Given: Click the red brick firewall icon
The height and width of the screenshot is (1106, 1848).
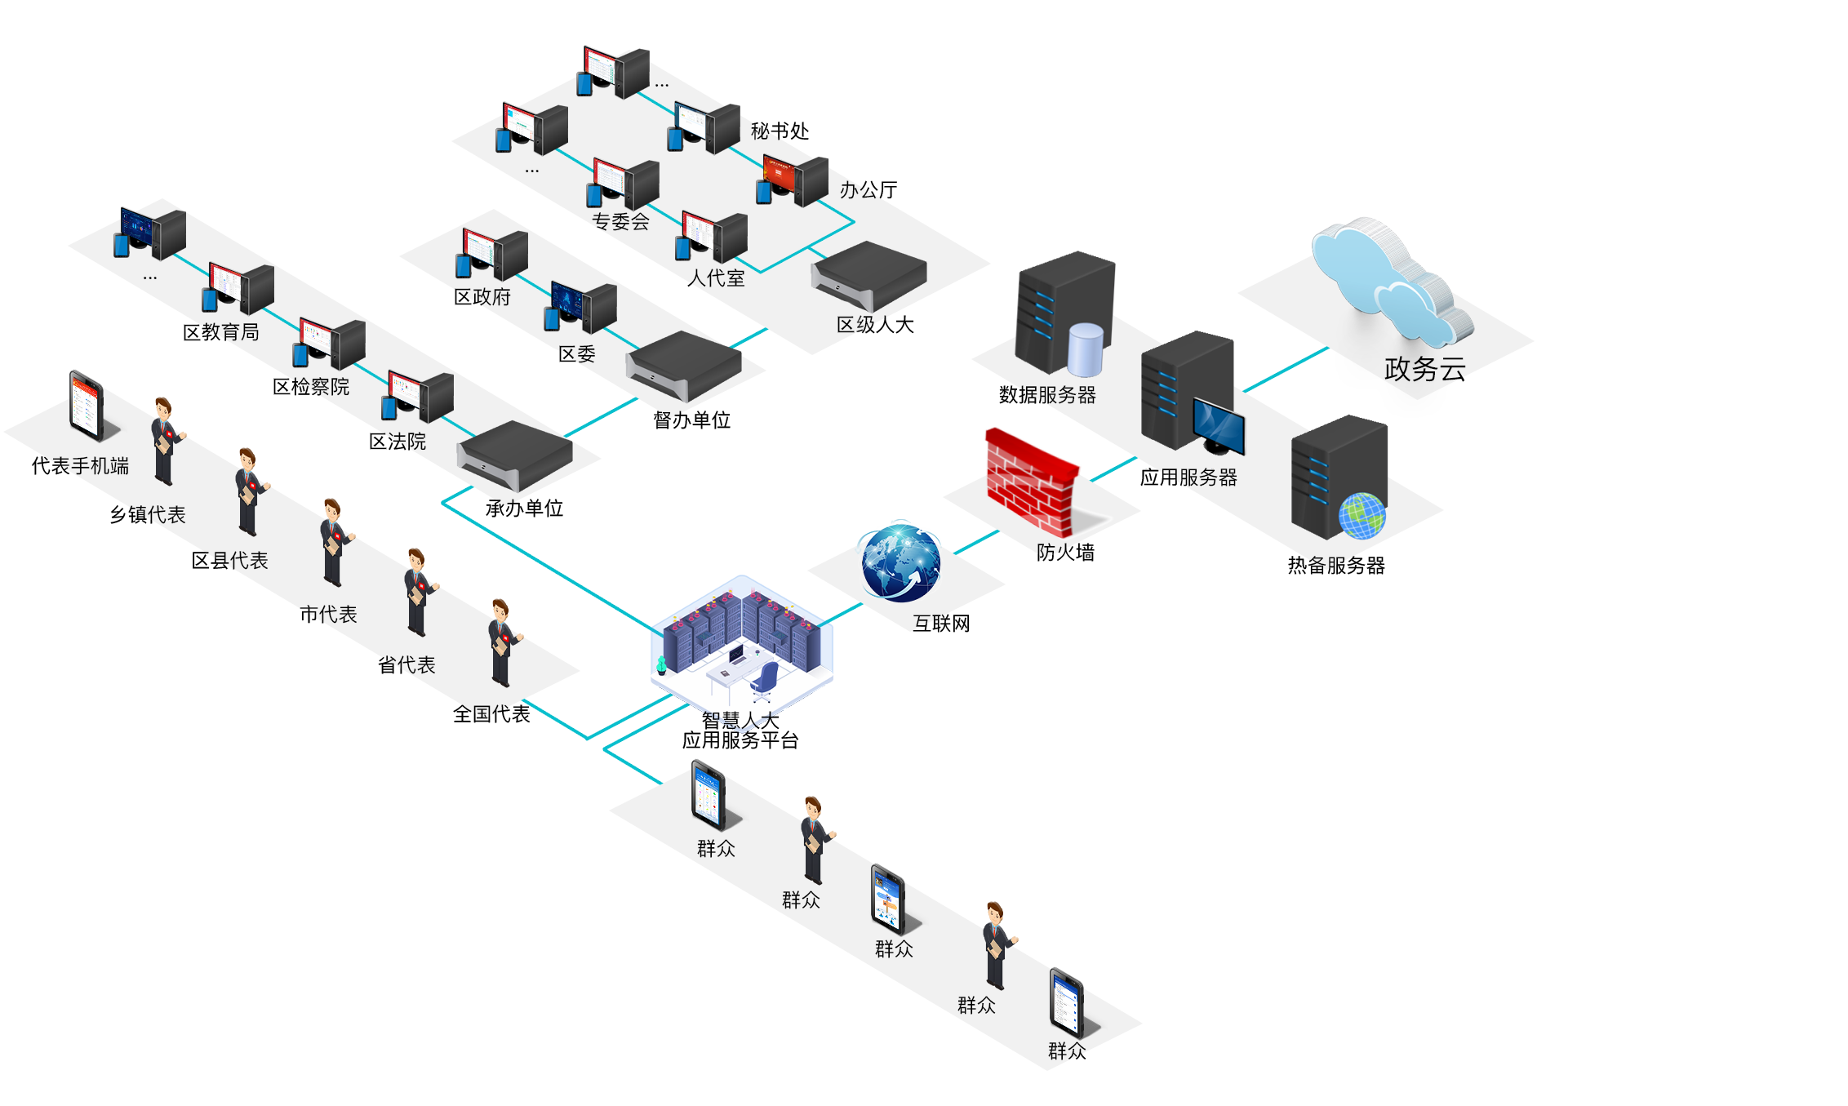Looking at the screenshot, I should tap(1030, 482).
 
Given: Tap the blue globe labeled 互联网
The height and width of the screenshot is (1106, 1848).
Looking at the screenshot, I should tap(900, 563).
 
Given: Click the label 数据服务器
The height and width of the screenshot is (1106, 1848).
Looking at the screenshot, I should tap(1047, 395).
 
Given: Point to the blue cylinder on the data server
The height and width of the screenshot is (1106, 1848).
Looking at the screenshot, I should tap(1085, 349).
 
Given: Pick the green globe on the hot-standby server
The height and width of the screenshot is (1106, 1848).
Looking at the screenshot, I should tap(1362, 517).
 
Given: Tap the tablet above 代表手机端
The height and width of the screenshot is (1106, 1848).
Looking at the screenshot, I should tap(87, 406).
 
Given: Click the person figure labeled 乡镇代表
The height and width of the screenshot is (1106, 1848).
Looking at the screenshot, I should tap(166, 441).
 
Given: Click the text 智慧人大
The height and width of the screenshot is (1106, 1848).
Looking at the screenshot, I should tap(740, 719).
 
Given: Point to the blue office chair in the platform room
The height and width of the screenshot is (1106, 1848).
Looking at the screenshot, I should tap(766, 680).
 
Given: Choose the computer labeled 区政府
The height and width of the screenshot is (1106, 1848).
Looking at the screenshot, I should tap(492, 255).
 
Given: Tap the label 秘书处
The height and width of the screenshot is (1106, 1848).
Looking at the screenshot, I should tap(780, 131).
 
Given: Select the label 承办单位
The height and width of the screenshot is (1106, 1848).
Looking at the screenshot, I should tap(524, 509).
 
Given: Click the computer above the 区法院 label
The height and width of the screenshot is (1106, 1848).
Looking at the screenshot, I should tap(417, 397).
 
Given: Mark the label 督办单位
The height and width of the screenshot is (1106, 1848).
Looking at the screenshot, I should tap(691, 420).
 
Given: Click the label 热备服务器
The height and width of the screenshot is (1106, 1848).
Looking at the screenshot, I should tap(1336, 566).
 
